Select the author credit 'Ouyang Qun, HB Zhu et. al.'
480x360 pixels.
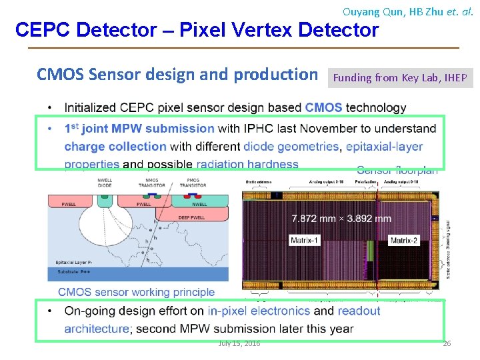[407, 11]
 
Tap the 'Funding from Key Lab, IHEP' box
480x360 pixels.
[400, 78]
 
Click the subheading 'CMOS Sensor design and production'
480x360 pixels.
[177, 75]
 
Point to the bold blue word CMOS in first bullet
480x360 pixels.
[323, 107]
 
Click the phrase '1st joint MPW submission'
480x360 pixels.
[139, 128]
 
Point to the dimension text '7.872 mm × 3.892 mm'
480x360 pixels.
[341, 219]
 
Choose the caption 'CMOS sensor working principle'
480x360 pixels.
[136, 292]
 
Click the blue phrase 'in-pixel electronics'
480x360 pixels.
[259, 311]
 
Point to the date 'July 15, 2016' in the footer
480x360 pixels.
[239, 343]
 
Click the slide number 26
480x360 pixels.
[447, 343]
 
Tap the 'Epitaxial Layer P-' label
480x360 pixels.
[72, 263]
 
